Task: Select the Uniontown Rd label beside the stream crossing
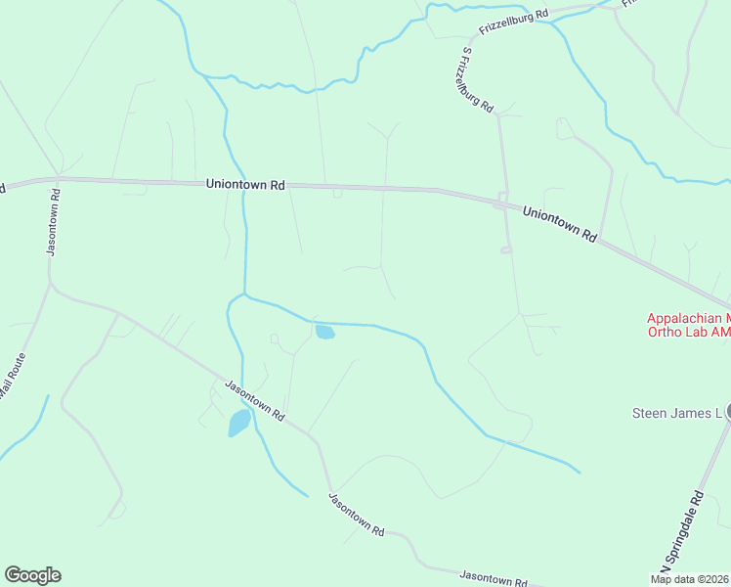coord(244,184)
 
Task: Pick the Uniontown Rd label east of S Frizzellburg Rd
coord(559,224)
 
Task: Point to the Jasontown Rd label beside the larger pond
coord(254,399)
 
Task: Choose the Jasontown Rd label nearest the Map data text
coord(494,577)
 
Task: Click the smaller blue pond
coord(323,333)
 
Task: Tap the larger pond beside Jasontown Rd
coord(238,423)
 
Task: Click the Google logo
coord(32,575)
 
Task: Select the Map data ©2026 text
coord(690,579)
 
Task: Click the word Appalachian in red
coord(683,318)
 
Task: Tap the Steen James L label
coord(676,413)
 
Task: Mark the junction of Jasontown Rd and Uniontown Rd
coord(59,178)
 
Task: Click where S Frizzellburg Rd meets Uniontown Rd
coord(500,202)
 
